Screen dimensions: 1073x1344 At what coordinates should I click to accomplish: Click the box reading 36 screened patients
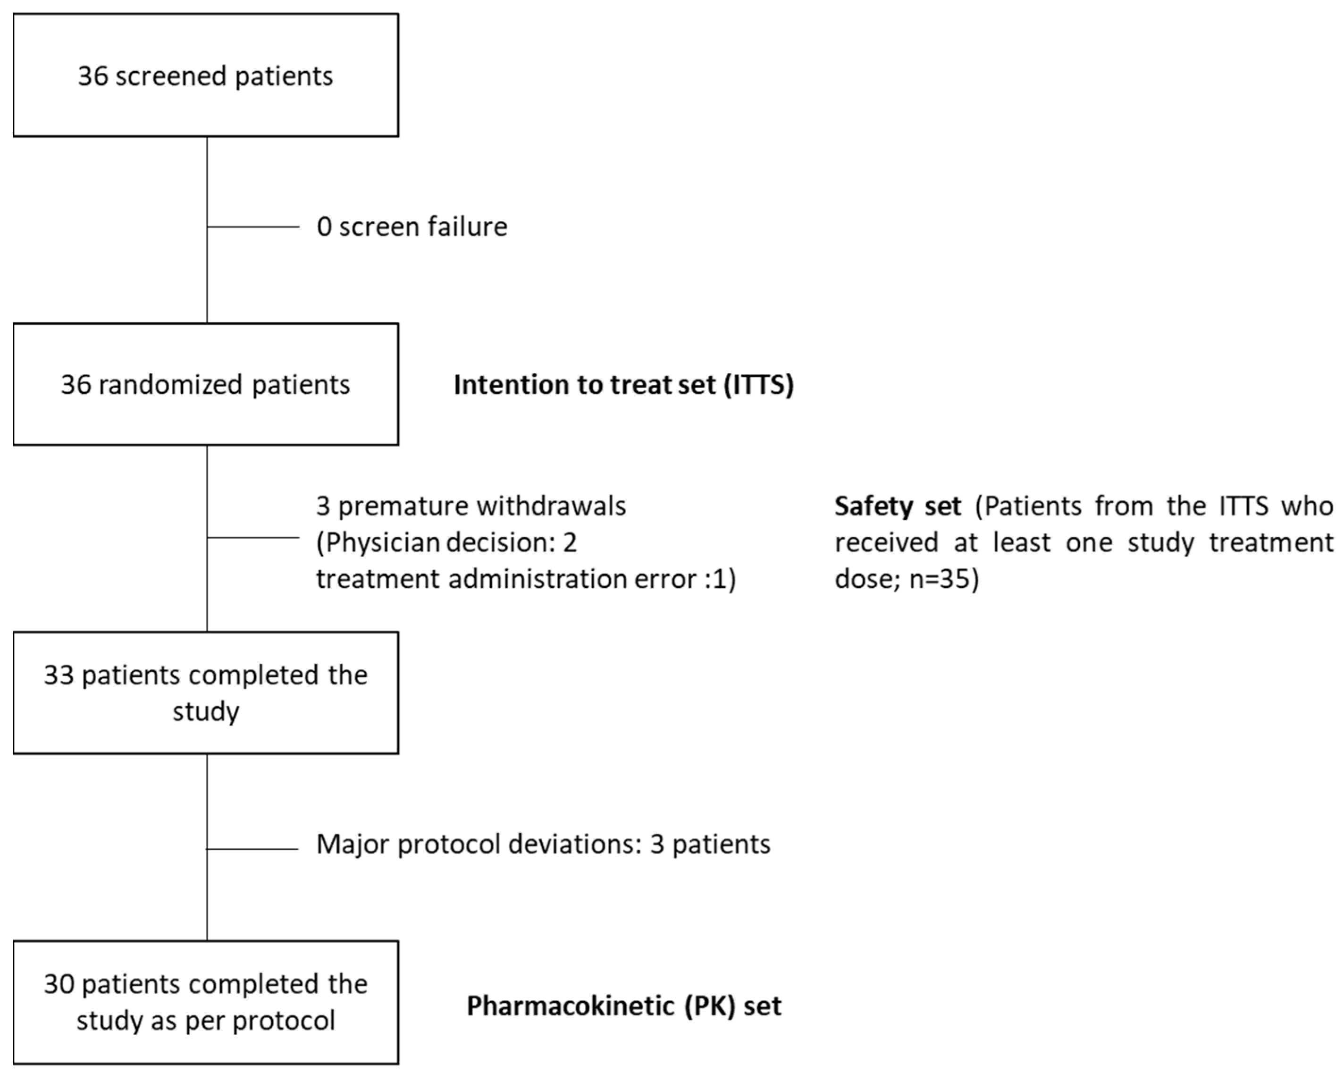[206, 76]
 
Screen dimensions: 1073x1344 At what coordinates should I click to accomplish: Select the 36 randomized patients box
[206, 384]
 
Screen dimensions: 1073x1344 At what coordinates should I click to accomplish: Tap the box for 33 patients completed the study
[206, 693]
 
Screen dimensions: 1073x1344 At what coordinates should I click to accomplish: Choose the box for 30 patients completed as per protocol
[206, 1002]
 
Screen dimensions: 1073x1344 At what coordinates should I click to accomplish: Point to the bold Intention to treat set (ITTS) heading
[623, 385]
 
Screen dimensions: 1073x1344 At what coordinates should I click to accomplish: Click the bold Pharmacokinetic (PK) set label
[623, 1005]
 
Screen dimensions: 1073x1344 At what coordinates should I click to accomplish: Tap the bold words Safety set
[898, 506]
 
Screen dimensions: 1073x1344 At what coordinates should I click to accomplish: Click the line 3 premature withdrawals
[470, 506]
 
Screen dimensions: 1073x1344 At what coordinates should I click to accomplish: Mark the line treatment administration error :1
[526, 579]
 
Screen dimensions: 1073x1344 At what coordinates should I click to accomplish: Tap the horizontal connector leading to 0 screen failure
[253, 227]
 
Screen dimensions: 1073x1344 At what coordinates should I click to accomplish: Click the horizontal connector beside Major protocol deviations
[253, 849]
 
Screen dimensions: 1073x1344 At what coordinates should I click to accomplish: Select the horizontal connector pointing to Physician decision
[253, 537]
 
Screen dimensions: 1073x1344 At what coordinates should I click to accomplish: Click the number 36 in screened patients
[93, 76]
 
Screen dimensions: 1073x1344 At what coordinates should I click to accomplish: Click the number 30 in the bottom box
[59, 984]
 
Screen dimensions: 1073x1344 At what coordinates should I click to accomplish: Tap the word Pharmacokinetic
[568, 1005]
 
